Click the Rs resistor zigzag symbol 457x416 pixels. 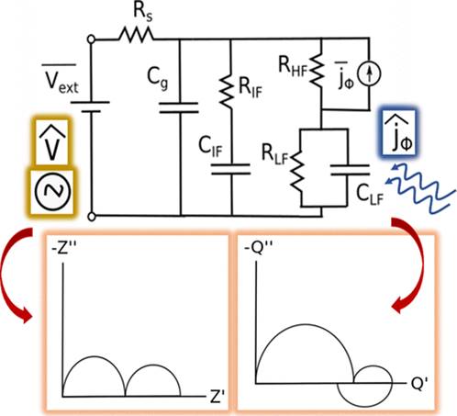click(136, 35)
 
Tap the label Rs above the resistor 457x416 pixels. click(142, 14)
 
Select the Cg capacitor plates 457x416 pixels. click(179, 107)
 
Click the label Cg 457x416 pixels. click(158, 79)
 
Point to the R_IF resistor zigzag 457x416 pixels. click(227, 91)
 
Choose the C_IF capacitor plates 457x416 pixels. click(231, 169)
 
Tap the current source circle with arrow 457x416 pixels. click(370, 74)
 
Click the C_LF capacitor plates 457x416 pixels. click(350, 170)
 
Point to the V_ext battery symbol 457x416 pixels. click(91, 107)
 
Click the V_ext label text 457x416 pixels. click(61, 78)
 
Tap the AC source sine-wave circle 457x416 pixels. click(52, 191)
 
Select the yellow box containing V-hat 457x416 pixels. click(51, 141)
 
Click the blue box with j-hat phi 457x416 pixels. click(398, 132)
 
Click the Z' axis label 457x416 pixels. click(217, 396)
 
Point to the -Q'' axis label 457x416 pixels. click(259, 248)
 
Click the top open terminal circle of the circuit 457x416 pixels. click(91, 39)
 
